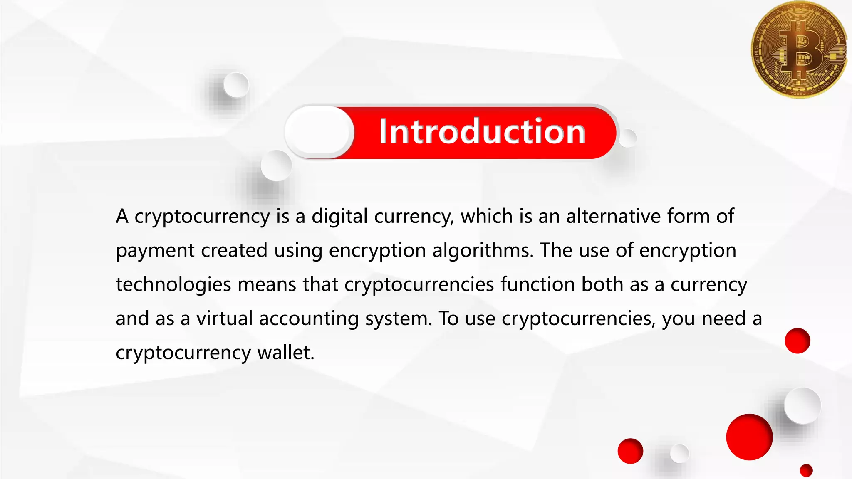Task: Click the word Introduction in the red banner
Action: pos(482,131)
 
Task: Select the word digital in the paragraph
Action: pos(339,217)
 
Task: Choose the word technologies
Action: pos(173,285)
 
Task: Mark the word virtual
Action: pos(225,319)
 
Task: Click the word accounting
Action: pos(309,319)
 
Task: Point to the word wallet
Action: pos(285,353)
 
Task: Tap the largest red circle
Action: pos(749,437)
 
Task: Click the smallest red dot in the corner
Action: pos(806,470)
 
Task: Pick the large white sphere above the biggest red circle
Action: pos(802,405)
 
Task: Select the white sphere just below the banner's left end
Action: pos(276,165)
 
